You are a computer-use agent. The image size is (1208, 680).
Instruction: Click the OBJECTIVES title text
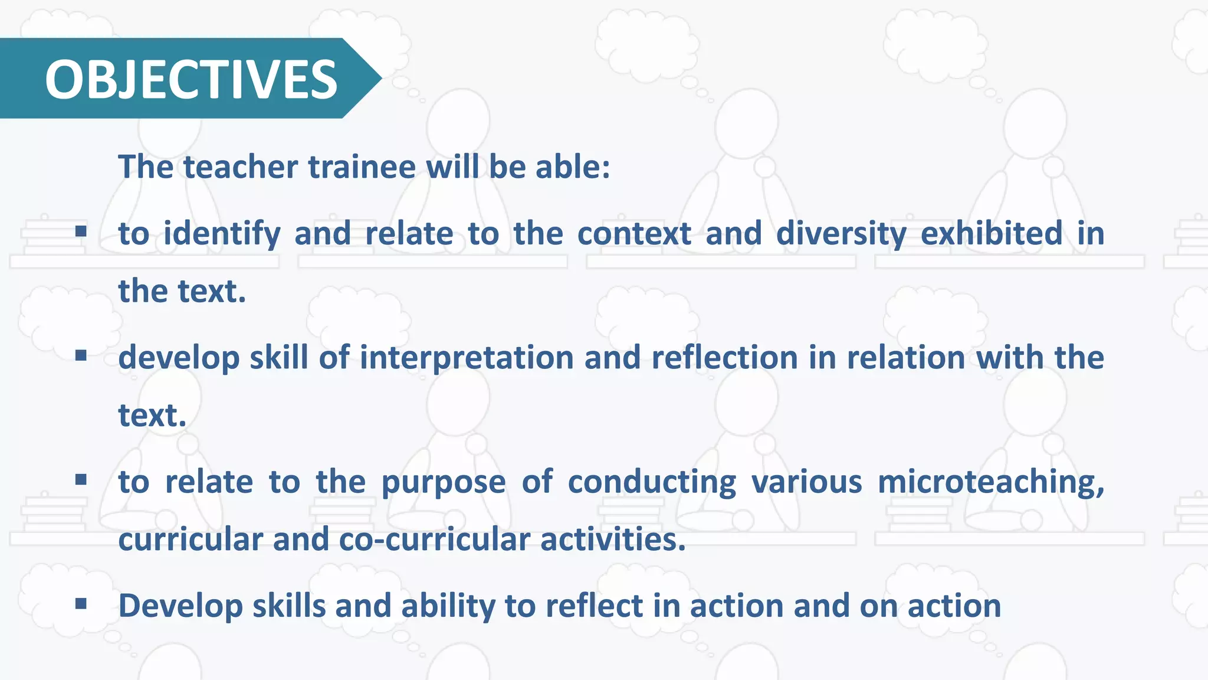click(x=191, y=79)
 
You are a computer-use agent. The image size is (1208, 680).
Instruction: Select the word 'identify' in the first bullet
click(x=222, y=234)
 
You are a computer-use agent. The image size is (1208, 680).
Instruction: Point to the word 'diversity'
click(x=841, y=234)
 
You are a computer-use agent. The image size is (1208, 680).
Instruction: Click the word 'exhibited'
click(x=992, y=234)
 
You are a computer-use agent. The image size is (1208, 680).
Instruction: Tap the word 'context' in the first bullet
click(x=634, y=234)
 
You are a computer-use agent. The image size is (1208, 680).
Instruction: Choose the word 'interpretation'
click(x=467, y=358)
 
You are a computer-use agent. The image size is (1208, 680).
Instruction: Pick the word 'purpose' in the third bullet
click(x=444, y=482)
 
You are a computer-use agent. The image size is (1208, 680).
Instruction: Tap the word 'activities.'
click(x=613, y=540)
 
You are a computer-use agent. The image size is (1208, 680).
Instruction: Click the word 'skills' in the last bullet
click(x=289, y=606)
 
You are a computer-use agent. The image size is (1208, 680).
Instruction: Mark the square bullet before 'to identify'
click(x=81, y=231)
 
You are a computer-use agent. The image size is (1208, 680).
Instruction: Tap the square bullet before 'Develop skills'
click(x=81, y=603)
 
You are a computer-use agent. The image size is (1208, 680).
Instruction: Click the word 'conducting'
click(x=652, y=482)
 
